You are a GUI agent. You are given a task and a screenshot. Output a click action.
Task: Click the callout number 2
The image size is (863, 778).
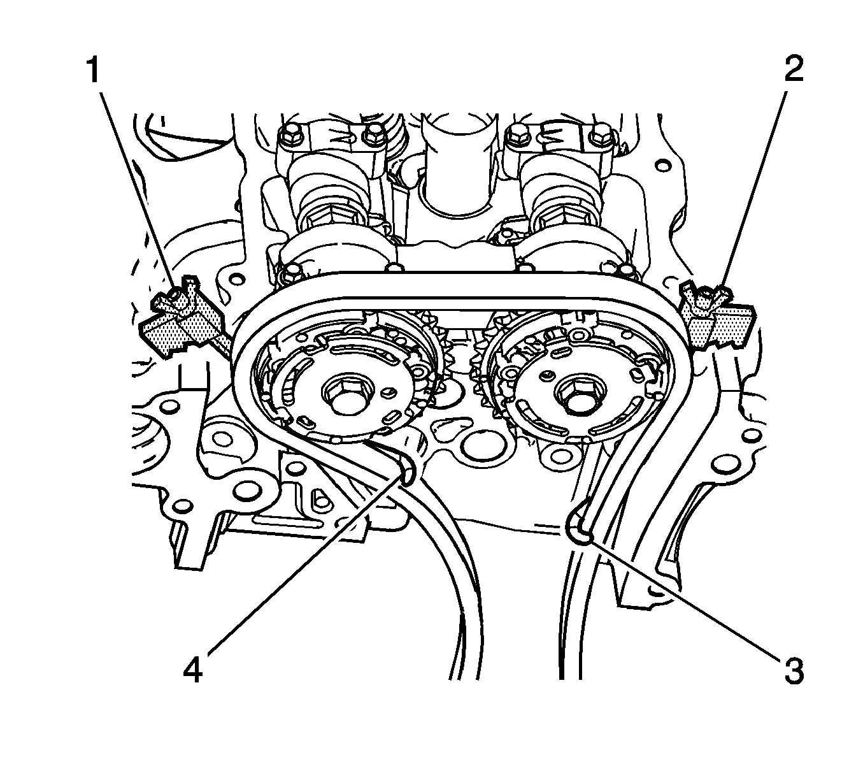[794, 69]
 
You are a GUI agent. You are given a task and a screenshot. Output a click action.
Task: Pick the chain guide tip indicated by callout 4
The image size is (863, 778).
[406, 467]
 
